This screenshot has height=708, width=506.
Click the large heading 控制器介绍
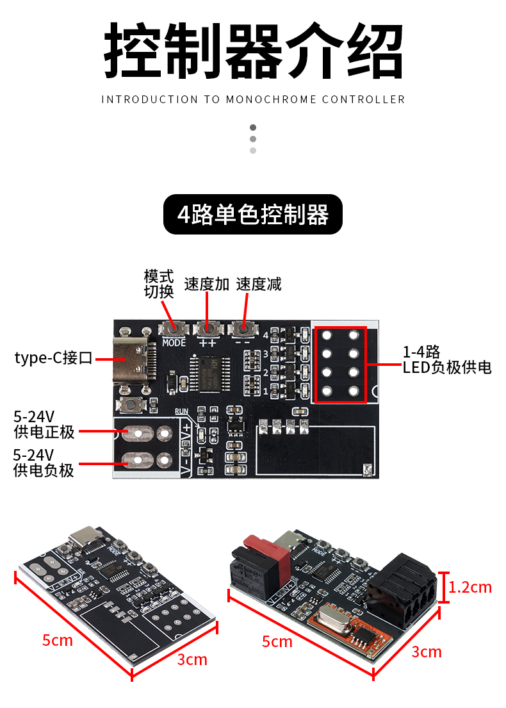(x=253, y=51)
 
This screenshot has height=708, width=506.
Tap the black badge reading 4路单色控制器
(x=253, y=215)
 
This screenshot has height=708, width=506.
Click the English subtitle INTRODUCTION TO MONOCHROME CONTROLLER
(x=253, y=99)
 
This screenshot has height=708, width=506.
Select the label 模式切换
(x=159, y=284)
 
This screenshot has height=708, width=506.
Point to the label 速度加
(x=206, y=284)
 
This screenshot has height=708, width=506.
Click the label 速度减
(x=259, y=284)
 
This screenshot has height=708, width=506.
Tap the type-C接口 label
(x=54, y=358)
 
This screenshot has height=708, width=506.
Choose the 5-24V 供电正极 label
(x=44, y=425)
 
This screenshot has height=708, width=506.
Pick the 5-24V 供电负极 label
(x=44, y=463)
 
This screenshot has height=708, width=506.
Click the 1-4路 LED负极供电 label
(x=446, y=359)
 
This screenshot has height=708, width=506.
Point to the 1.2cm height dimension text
(x=470, y=587)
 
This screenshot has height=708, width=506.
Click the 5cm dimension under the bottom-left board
(x=58, y=639)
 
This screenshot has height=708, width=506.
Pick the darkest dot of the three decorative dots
(x=253, y=128)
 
